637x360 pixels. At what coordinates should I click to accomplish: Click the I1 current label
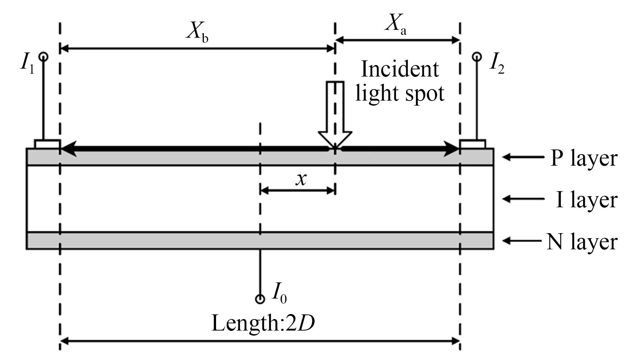27,64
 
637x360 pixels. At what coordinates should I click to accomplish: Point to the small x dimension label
301,179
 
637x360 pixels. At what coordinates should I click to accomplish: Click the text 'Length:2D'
263,323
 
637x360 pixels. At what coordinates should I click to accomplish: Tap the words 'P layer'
583,158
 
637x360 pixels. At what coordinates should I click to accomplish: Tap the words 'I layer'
586,200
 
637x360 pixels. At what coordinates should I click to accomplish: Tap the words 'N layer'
582,241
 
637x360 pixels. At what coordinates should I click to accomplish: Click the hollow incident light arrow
335,115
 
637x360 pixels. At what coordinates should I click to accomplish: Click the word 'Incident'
399,69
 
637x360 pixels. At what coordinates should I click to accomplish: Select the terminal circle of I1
43,56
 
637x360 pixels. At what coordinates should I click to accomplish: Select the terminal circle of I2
477,56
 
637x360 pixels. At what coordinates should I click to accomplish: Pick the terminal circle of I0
260,299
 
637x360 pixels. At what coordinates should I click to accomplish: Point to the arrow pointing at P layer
523,157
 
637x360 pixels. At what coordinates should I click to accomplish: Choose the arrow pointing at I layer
523,199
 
